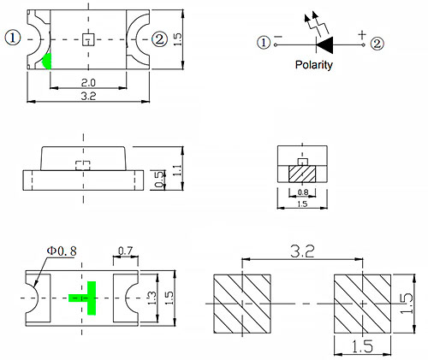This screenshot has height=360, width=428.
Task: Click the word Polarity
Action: coord(313,65)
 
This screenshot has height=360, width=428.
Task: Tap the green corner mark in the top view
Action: coord(48,62)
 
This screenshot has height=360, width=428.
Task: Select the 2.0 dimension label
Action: coord(88,83)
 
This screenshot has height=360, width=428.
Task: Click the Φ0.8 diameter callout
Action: coord(62,251)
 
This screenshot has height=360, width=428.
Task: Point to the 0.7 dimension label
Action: coord(126,251)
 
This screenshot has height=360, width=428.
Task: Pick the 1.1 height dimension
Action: coord(177,170)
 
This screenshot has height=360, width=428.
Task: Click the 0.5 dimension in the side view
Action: coord(160,180)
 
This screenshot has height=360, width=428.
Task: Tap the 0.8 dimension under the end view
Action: coord(302,192)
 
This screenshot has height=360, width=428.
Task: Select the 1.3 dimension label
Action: coord(152,298)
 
